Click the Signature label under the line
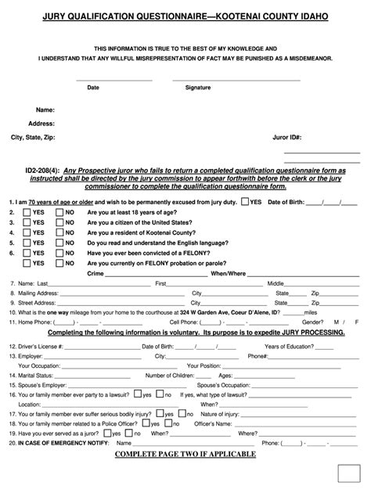click(x=198, y=88)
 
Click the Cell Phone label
click(x=185, y=322)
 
